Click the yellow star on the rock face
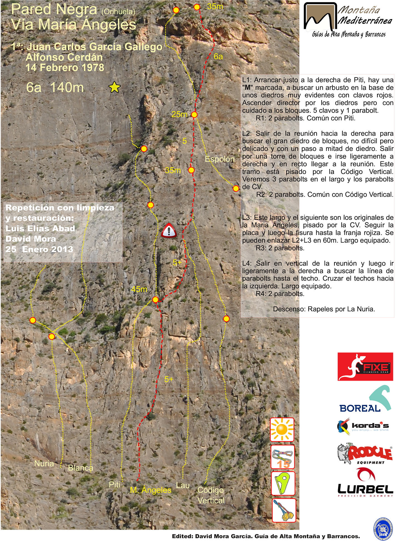[114, 87]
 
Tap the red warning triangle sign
[169, 230]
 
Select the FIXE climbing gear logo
[365, 367]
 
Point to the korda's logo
[363, 427]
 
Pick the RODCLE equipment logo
[365, 453]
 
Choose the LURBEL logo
[365, 483]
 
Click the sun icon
[282, 430]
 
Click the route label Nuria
[44, 463]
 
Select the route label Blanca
[81, 468]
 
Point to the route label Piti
[114, 485]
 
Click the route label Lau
[183, 485]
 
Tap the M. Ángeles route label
[151, 490]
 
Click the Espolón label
[220, 159]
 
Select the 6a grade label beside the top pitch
[218, 57]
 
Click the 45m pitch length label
[139, 289]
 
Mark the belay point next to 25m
[194, 114]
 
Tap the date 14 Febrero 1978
[65, 68]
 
